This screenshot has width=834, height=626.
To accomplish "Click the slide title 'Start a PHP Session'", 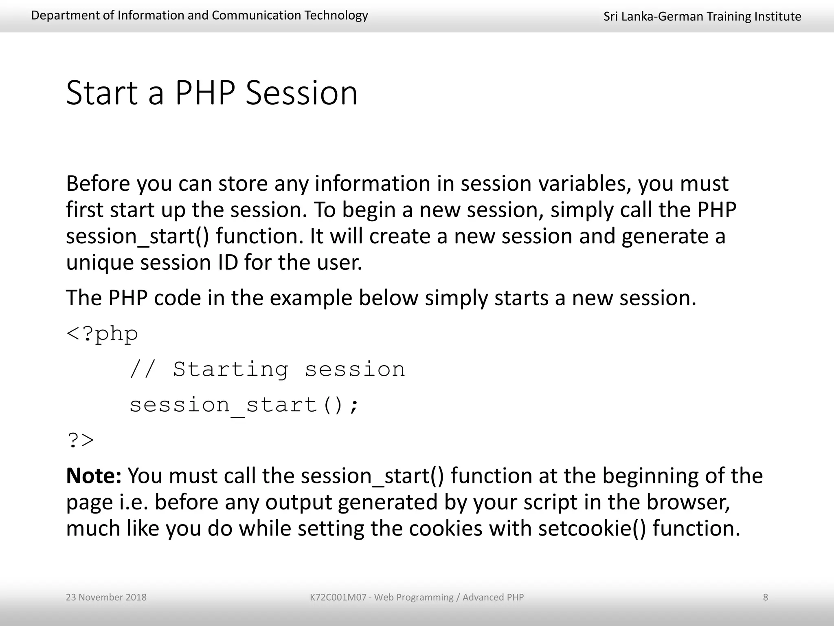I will point(211,93).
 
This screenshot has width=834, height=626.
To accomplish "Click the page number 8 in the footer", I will point(765,597).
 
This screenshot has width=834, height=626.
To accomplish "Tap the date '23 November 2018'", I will point(106,597).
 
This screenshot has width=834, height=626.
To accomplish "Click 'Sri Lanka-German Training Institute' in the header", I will point(702,16).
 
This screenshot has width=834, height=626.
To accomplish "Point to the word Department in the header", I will point(57,15).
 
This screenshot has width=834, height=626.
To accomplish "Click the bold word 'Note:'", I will point(94,476).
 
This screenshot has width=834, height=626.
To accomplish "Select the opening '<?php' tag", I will point(102,334).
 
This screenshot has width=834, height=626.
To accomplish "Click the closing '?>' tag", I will point(80,441).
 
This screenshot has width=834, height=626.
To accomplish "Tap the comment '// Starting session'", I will point(267,369).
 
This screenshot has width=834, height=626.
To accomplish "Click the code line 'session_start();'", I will point(244,405).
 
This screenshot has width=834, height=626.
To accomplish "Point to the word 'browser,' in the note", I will point(688,502).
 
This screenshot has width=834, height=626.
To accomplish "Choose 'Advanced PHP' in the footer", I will point(493,597).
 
